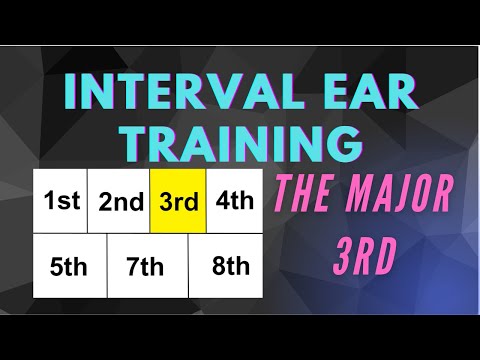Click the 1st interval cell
click(61, 200)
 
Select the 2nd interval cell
click(120, 201)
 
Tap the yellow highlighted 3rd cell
click(178, 201)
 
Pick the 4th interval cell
click(235, 200)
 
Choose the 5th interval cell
click(69, 266)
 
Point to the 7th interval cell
click(146, 266)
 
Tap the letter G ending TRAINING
click(342, 143)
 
